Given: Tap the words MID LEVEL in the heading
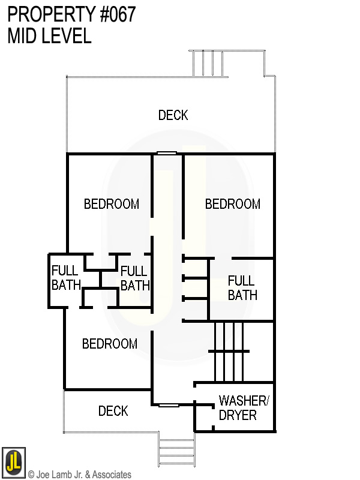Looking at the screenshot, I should [x=49, y=36].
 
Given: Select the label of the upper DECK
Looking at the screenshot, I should [x=173, y=115].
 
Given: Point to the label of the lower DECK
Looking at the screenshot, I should [x=113, y=411].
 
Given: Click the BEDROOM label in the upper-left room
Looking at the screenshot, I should [x=111, y=204].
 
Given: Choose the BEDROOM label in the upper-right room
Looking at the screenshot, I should [x=233, y=204].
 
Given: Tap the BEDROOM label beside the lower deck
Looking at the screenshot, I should [x=110, y=344].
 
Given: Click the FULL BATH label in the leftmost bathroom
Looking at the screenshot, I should [x=65, y=278].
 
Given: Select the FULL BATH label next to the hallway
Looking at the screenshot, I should [x=134, y=278].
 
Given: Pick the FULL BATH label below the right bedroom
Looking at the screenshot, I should [x=242, y=287].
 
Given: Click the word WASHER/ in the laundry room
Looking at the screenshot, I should [x=244, y=401].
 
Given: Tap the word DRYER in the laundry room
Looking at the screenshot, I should [x=238, y=415].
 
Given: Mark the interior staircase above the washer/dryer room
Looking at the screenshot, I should [x=228, y=351].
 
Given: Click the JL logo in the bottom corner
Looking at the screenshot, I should [x=13, y=460].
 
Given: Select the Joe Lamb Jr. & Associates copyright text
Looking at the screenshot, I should [x=79, y=475].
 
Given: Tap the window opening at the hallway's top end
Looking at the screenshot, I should [x=166, y=154].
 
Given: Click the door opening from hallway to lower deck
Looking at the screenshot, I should [x=169, y=406].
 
